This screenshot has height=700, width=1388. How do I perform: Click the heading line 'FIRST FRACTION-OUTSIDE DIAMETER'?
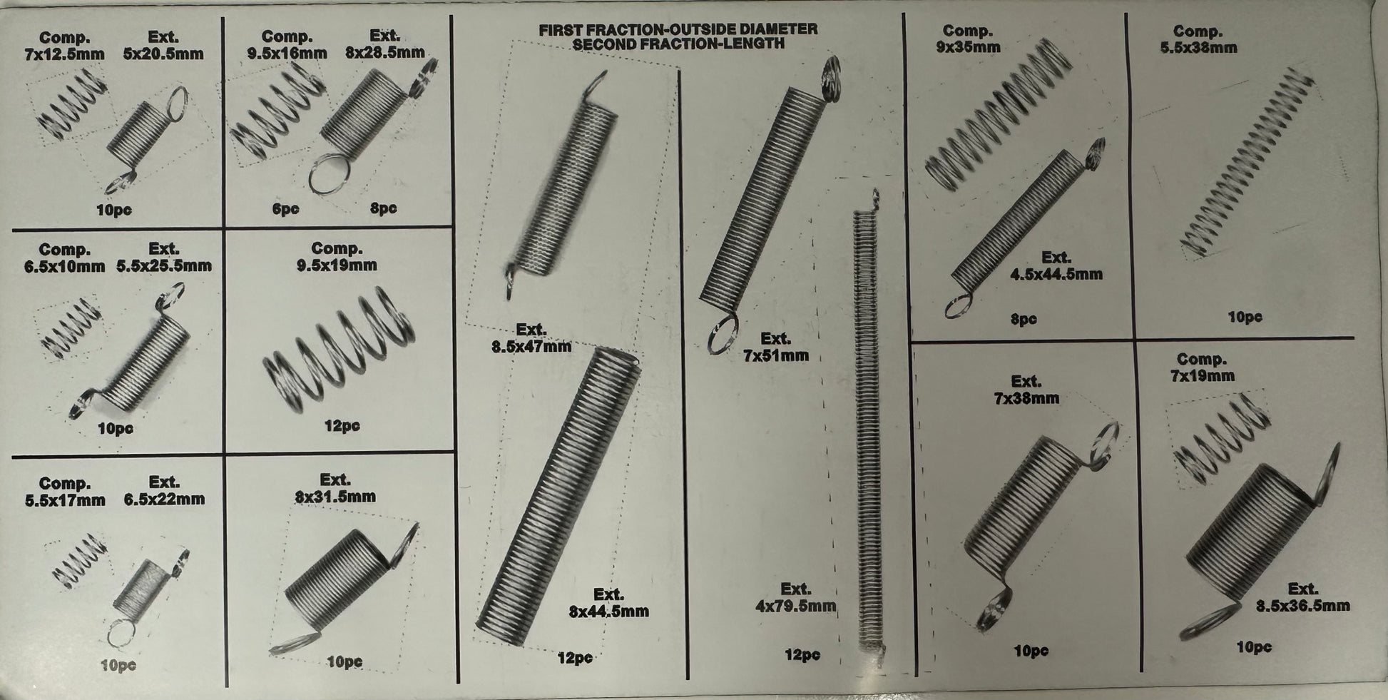678,30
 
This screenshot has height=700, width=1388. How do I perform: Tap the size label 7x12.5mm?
64,54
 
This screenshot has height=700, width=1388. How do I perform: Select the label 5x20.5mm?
163,54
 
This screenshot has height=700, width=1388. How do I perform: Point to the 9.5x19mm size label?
337,265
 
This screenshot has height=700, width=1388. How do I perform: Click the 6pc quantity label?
285,209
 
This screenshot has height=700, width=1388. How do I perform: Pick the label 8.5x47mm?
531,347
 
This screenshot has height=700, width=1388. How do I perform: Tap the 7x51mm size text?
776,355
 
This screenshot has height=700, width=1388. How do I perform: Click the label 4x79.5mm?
796,607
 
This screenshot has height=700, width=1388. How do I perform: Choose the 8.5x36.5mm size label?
1302,606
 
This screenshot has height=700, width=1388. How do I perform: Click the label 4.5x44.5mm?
1056,274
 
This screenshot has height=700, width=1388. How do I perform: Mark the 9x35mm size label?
968,48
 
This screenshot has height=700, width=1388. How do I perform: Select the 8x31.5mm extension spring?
342,589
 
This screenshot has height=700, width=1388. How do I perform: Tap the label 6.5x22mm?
164,499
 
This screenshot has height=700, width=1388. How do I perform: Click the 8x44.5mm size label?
608,612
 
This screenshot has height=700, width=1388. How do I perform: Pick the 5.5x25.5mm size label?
164,266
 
